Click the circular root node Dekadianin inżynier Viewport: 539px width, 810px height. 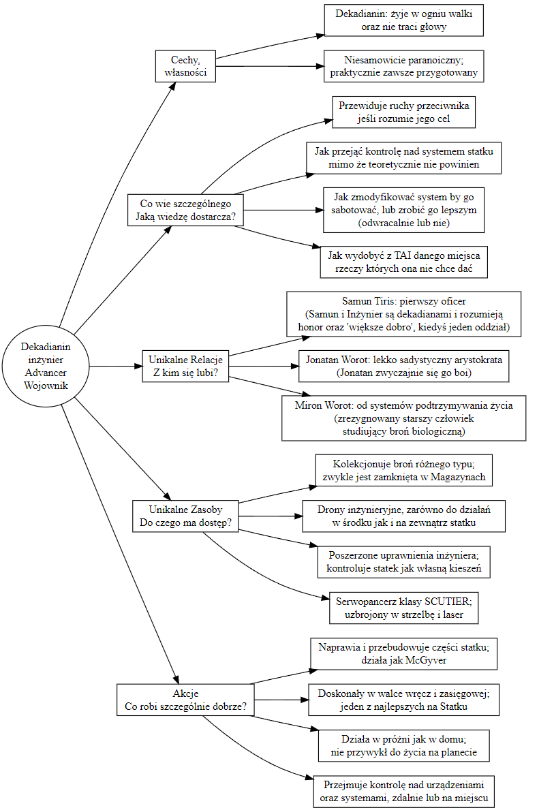(x=46, y=367)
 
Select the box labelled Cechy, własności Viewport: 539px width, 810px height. (x=185, y=66)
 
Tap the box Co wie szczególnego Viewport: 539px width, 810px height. (x=185, y=211)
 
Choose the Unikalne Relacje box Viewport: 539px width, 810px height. (x=185, y=367)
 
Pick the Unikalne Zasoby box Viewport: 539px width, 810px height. (x=185, y=516)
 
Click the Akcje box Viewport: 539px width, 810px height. (x=185, y=700)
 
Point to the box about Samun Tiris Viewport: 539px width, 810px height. (x=403, y=314)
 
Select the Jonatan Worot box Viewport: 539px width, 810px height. (x=403, y=367)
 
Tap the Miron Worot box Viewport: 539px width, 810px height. (x=403, y=418)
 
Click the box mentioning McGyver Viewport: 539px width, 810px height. (x=403, y=653)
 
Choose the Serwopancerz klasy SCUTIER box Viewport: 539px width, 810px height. (x=403, y=608)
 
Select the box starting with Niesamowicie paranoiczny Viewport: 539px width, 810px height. (x=403, y=66)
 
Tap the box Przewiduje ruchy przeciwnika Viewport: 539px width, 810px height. (x=403, y=112)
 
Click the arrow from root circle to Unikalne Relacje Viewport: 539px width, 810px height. (x=116, y=367)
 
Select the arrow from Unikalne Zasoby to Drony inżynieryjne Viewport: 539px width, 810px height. (x=271, y=516)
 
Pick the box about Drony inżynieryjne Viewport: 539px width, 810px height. (x=403, y=516)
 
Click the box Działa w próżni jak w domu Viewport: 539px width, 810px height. (x=403, y=746)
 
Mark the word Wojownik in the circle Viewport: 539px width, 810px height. (x=46, y=386)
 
